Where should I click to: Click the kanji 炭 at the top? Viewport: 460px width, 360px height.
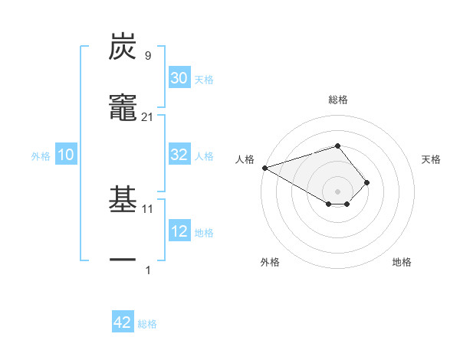click(x=123, y=47)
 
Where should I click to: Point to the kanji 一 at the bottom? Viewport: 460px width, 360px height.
click(x=123, y=260)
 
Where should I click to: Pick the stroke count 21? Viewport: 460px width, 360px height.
click(x=148, y=116)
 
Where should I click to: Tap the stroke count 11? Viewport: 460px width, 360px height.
click(x=148, y=208)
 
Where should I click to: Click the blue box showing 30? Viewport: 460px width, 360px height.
click(x=179, y=78)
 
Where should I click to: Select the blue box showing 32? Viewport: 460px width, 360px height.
click(x=179, y=155)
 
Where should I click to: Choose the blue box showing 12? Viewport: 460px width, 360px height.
click(x=179, y=231)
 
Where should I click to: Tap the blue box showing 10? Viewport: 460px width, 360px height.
click(x=66, y=155)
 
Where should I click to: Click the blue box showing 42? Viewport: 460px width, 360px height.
click(x=123, y=322)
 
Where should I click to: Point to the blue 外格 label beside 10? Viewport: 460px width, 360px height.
click(x=41, y=156)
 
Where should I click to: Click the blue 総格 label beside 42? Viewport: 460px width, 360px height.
click(x=147, y=324)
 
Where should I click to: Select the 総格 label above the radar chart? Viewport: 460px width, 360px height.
click(x=337, y=100)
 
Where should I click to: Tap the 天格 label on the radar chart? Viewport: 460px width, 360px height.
click(x=431, y=159)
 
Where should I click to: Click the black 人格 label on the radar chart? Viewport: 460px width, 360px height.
click(x=245, y=159)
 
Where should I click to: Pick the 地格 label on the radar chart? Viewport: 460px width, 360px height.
click(x=402, y=262)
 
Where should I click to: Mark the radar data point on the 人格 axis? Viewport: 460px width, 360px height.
click(x=264, y=167)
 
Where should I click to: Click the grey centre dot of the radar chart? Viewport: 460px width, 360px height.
click(x=337, y=191)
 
